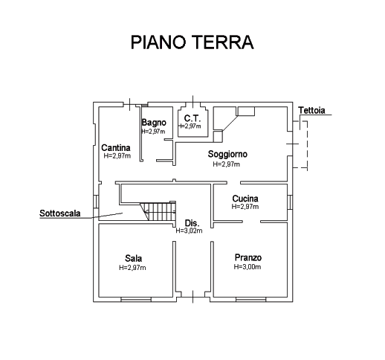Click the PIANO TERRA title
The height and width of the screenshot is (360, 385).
click(192, 42)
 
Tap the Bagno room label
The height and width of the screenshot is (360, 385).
click(154, 123)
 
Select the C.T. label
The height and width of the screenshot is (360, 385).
click(192, 118)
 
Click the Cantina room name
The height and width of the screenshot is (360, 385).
click(116, 148)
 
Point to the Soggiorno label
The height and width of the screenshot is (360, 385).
click(227, 154)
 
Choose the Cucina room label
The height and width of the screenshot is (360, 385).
click(245, 199)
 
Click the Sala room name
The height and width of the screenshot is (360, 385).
click(134, 259)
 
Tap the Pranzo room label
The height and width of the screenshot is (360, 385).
click(248, 257)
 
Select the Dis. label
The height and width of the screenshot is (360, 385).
click(192, 223)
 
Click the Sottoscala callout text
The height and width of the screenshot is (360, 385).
click(60, 213)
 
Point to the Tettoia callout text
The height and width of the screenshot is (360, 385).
click(311, 110)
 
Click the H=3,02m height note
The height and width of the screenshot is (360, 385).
click(189, 231)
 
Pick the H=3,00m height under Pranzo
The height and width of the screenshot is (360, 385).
click(247, 267)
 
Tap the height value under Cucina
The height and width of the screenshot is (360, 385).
click(245, 206)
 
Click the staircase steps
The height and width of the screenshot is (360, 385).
click(158, 211)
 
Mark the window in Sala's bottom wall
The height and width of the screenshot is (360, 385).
click(136, 300)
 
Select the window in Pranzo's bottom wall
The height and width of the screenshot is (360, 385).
click(251, 300)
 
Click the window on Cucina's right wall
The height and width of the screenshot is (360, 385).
click(290, 202)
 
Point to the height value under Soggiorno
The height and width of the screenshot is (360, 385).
click(227, 164)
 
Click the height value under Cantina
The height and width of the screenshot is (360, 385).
click(117, 155)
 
